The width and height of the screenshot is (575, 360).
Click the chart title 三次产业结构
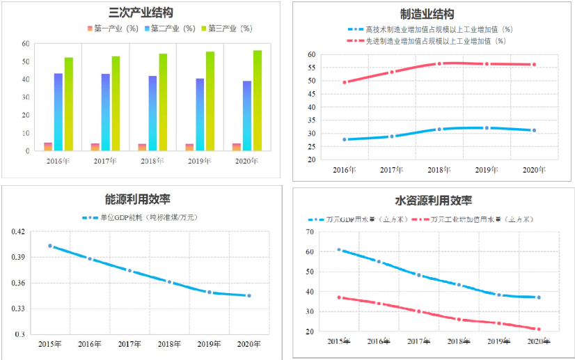tap(141, 13)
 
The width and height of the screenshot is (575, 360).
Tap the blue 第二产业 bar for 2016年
tap(58, 111)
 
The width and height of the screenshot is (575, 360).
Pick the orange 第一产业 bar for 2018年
tap(142, 147)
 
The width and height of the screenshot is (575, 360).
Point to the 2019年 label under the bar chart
tap(200, 161)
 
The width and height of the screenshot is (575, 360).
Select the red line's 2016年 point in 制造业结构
tap(345, 82)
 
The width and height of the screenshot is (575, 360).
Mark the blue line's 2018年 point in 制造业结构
tap(439, 130)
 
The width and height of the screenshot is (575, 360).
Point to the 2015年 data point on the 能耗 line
tap(50, 246)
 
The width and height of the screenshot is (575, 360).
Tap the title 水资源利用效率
tap(434, 201)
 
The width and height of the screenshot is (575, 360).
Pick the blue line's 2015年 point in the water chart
tap(339, 249)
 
